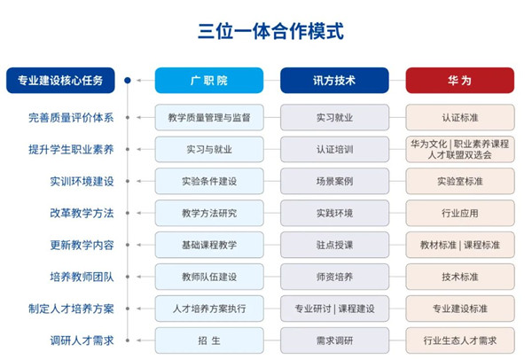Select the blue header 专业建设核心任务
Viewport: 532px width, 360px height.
click(x=60, y=81)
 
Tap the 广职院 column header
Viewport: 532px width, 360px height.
click(x=209, y=81)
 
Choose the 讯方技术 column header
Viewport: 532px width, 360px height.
click(x=334, y=81)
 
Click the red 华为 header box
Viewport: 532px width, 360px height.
click(x=460, y=81)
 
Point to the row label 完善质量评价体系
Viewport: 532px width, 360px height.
click(x=71, y=118)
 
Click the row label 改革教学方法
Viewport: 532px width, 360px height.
click(x=82, y=213)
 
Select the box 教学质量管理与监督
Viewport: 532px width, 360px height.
click(x=209, y=118)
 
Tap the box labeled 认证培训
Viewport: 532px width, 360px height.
click(x=334, y=149)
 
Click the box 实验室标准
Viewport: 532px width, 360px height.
click(x=460, y=181)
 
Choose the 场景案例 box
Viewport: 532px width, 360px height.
click(x=334, y=181)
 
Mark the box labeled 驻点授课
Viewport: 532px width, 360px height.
click(x=334, y=245)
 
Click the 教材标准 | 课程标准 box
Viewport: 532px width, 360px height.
click(x=460, y=245)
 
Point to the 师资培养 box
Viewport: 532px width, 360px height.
click(x=334, y=277)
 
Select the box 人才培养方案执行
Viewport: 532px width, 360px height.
click(x=209, y=309)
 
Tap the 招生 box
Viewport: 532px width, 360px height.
click(x=209, y=340)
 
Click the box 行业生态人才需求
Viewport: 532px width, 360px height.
click(x=460, y=340)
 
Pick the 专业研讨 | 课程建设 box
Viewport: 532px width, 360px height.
click(x=334, y=309)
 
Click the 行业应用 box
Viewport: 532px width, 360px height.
click(x=460, y=213)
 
